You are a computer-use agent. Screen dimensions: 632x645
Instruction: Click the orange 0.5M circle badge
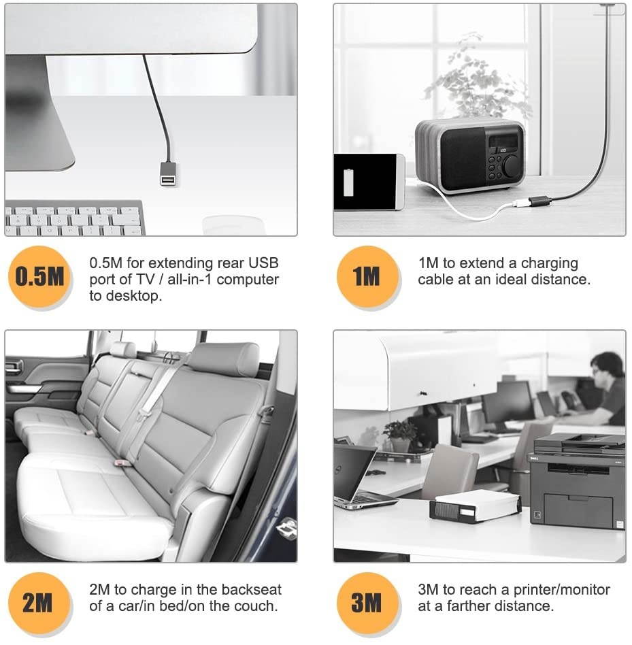(39, 276)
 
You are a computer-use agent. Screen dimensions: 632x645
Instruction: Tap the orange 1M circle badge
(367, 276)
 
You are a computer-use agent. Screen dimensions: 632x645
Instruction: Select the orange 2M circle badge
(39, 603)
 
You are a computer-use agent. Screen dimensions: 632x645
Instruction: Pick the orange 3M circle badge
(367, 603)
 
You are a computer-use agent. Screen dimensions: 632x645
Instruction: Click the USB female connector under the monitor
(168, 174)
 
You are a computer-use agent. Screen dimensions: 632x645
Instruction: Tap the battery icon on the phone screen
(348, 182)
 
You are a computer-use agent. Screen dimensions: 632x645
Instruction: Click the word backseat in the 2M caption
(251, 589)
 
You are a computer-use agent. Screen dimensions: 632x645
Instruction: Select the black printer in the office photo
(576, 480)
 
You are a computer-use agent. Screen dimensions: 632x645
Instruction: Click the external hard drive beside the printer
(476, 506)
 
